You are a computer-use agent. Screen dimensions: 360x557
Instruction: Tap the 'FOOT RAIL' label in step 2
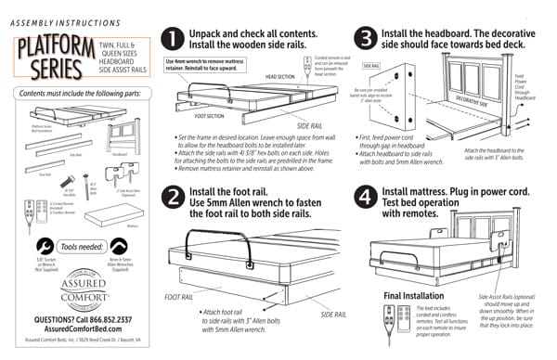179,297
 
